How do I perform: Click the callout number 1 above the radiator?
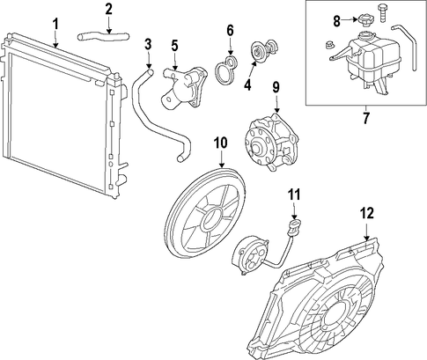tap(55, 24)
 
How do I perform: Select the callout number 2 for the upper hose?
tap(108, 9)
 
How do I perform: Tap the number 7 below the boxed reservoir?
tap(365, 118)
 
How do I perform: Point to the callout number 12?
tap(367, 213)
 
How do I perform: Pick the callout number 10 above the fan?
tap(221, 143)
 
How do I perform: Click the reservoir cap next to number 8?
tap(365, 21)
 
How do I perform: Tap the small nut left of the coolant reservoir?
tap(329, 45)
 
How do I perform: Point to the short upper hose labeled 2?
tap(103, 37)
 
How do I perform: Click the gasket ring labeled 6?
tap(225, 70)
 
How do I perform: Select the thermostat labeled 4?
tap(263, 52)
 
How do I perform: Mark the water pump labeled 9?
tap(269, 142)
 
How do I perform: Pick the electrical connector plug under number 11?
tap(295, 224)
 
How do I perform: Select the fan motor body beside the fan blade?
tap(249, 255)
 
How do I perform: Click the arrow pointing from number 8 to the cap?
tap(350, 20)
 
